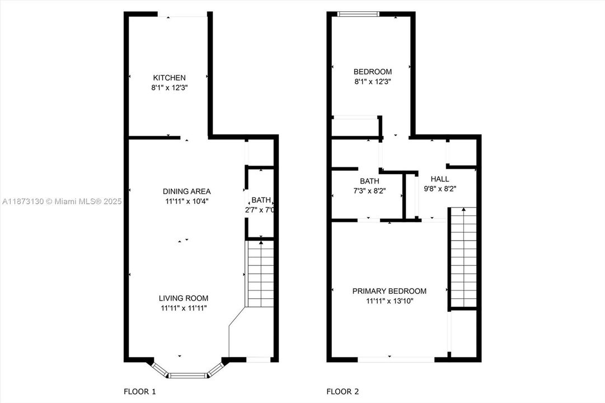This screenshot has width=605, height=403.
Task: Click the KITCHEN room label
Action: pos(170,78)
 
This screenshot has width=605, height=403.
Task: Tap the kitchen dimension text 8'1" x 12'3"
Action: pos(170,87)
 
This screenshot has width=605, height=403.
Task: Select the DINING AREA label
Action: pos(187,191)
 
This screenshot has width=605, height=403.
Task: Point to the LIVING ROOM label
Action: pos(183,298)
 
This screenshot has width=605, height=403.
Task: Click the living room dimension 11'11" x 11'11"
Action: pos(183,308)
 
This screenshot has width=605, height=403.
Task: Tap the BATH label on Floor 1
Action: pos(261,200)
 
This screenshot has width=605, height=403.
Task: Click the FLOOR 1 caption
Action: pos(139,392)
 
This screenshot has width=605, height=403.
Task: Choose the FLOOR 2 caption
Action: pos(343,392)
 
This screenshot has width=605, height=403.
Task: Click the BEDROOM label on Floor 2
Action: pos(372,72)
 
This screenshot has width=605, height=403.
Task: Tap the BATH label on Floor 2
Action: pos(369,181)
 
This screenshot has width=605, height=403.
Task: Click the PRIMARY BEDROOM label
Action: pos(389,291)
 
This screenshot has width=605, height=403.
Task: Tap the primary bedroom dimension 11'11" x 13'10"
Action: pos(389,301)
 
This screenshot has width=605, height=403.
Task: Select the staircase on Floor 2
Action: pos(463,257)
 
